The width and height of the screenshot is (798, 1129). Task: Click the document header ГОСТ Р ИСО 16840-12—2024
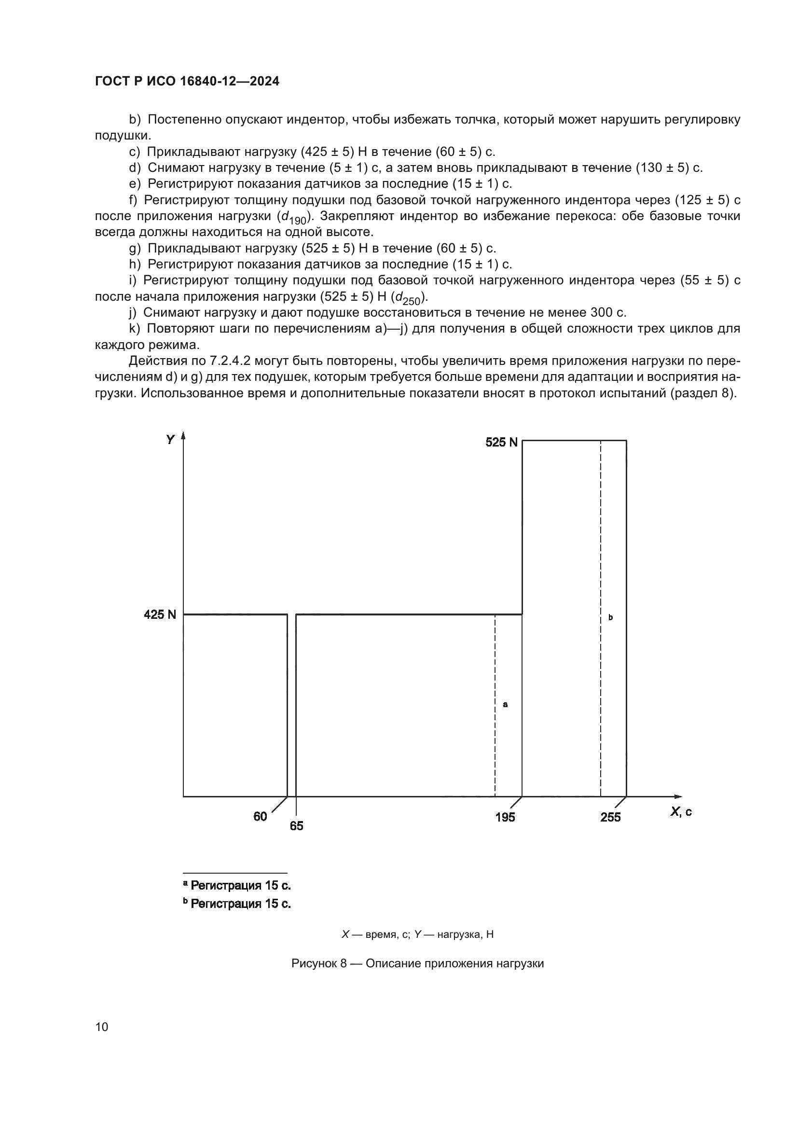[187, 81]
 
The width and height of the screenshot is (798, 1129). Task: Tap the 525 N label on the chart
[501, 442]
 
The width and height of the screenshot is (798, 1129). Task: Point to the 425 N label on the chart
[160, 614]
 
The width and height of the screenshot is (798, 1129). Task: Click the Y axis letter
[170, 440]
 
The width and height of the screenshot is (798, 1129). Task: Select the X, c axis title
[681, 811]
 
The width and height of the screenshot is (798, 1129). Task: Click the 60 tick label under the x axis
[260, 816]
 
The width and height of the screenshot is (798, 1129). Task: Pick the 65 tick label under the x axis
[296, 825]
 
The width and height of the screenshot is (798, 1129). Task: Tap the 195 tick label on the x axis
[505, 817]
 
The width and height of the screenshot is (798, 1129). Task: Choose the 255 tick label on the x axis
[610, 817]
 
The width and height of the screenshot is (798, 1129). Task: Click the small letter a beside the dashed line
[505, 705]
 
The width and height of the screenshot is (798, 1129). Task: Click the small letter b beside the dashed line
[610, 617]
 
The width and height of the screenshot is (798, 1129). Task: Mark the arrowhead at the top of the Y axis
[183, 435]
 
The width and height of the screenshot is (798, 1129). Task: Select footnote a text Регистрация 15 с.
[240, 886]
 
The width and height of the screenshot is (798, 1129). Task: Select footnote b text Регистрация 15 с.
[240, 903]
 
